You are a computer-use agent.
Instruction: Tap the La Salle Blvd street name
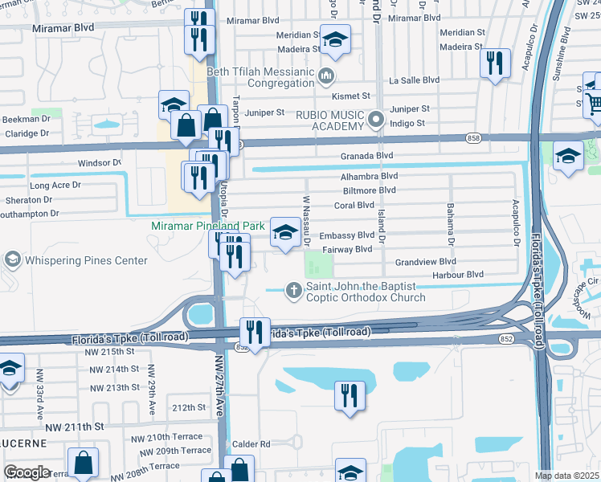coord(414,80)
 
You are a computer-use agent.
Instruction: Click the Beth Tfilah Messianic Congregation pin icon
coord(326,77)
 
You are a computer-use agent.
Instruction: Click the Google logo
coord(27,472)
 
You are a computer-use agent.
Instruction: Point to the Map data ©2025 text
coord(567,476)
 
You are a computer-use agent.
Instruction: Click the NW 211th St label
coord(76,426)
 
